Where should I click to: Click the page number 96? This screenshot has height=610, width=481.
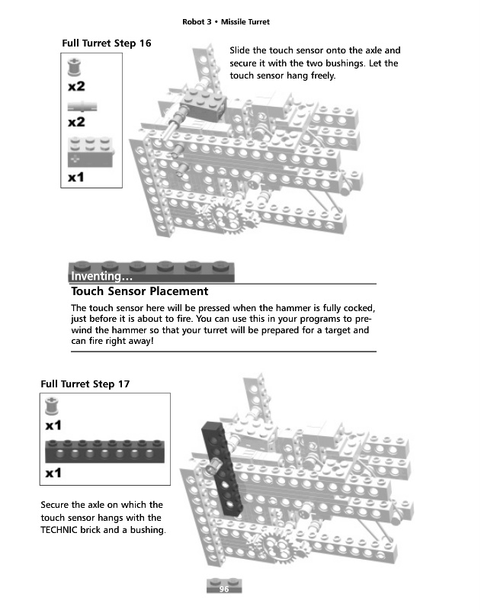point(224,589)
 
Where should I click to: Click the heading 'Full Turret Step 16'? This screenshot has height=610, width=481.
point(106,43)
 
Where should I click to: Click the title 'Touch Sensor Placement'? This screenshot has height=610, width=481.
point(139,291)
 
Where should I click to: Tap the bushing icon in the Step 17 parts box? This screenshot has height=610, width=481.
point(53,406)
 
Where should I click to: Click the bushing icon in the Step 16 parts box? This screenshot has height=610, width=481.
point(74,69)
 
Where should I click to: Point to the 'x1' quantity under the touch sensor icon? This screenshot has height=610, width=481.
point(75,178)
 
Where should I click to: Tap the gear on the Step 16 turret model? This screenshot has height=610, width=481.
point(226,216)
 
